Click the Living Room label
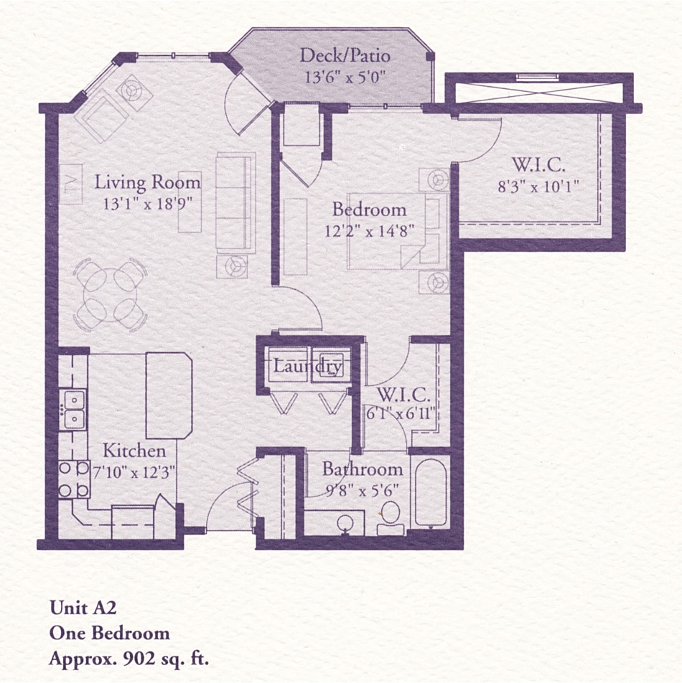coord(147,182)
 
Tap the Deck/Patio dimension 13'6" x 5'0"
coord(342,77)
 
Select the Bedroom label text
coord(369,209)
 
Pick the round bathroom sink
coord(345,523)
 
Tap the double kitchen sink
coord(73,409)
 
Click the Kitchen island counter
coord(169,395)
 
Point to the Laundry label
coord(307,367)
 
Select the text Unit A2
coord(83,608)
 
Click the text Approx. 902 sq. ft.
coord(133,658)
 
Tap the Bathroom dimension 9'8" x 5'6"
coord(362,491)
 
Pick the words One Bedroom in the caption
coord(109,633)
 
